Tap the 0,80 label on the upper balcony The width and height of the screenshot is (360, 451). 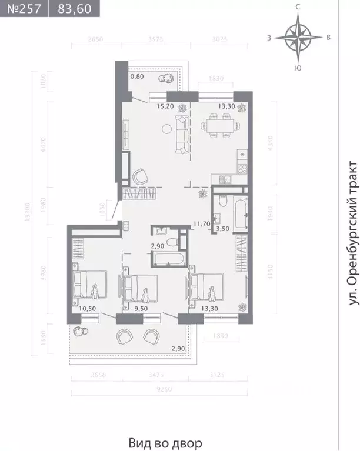click(136, 76)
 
